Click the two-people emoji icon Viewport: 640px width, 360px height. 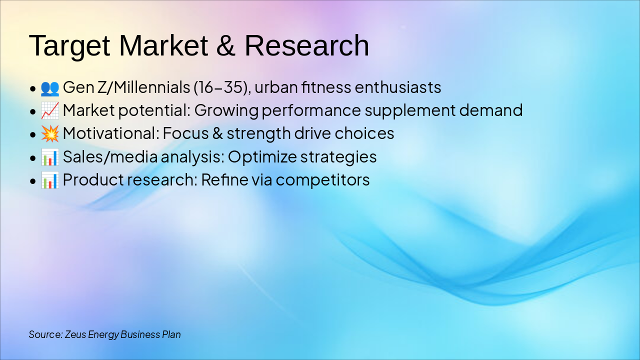click(x=49, y=88)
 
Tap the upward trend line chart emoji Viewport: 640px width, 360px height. click(x=49, y=110)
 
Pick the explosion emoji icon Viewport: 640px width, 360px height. click(x=49, y=133)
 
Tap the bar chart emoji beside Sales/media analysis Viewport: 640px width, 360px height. click(x=49, y=157)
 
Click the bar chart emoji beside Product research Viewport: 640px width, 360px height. click(x=49, y=180)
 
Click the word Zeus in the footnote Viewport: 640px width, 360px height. click(x=75, y=334)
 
